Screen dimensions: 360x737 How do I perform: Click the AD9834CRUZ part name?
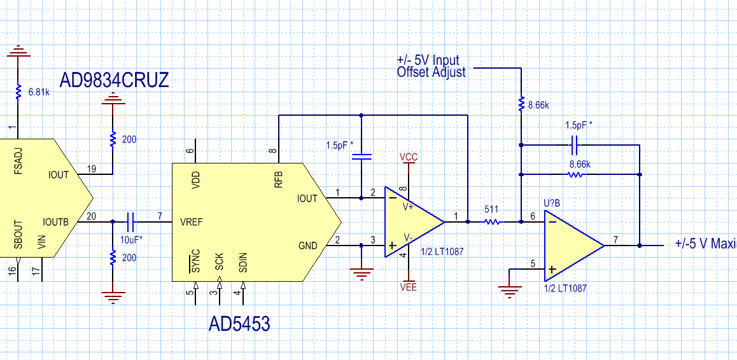click(114, 80)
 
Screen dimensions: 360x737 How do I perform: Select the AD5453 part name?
click(239, 324)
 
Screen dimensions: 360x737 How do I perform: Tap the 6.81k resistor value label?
click(39, 92)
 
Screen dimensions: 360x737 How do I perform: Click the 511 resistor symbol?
click(491, 222)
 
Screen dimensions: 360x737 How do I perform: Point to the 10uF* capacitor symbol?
click(131, 222)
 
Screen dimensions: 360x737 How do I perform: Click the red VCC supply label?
click(409, 156)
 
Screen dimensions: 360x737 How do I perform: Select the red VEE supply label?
click(409, 287)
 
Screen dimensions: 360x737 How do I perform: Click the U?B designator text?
click(552, 204)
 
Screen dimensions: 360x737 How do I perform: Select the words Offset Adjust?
click(431, 73)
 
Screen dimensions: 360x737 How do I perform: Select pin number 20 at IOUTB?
click(91, 216)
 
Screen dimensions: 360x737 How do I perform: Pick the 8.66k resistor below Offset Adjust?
click(521, 103)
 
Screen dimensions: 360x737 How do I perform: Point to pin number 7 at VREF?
click(160, 216)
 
